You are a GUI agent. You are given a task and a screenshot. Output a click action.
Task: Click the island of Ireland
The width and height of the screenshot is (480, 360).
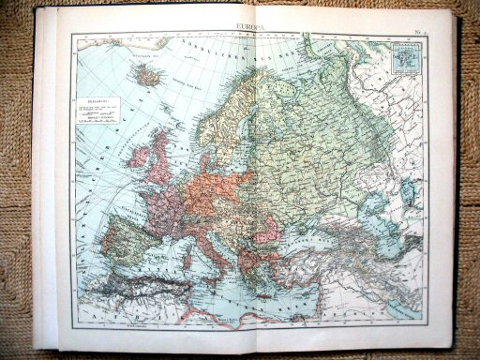[139, 156]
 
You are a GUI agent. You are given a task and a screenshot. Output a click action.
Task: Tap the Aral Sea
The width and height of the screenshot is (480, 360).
[409, 192]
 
